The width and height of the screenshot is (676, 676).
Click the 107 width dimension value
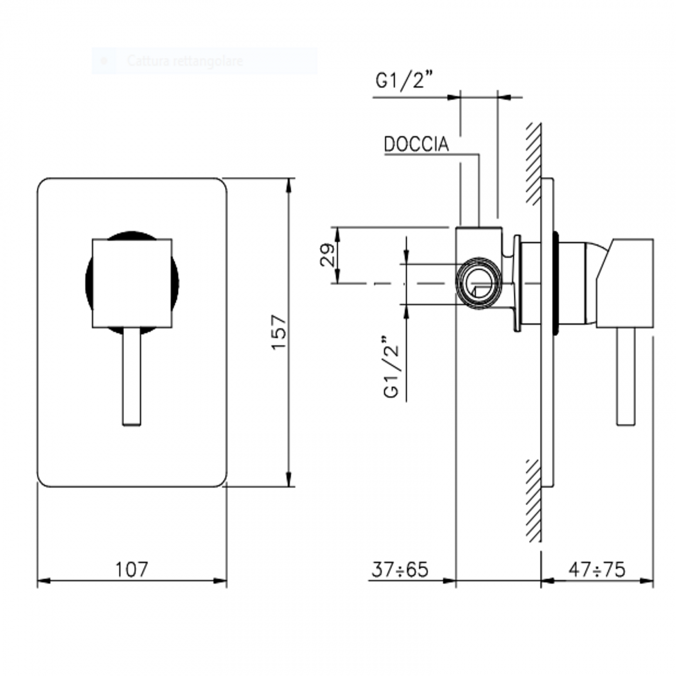(x=132, y=569)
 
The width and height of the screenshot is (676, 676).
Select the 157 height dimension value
(x=279, y=332)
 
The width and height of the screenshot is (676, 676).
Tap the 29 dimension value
(x=327, y=255)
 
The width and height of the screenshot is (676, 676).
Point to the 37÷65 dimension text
(x=400, y=569)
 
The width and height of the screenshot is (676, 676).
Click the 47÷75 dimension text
(x=596, y=569)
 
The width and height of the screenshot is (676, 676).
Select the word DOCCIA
(x=416, y=144)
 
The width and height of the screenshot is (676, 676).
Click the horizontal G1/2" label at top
(x=405, y=81)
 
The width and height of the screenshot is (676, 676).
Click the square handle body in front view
(x=132, y=283)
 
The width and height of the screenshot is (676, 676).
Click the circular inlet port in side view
(x=479, y=283)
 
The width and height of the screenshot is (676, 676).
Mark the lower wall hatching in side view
(x=533, y=499)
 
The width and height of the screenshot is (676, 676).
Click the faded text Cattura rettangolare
(x=185, y=61)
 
